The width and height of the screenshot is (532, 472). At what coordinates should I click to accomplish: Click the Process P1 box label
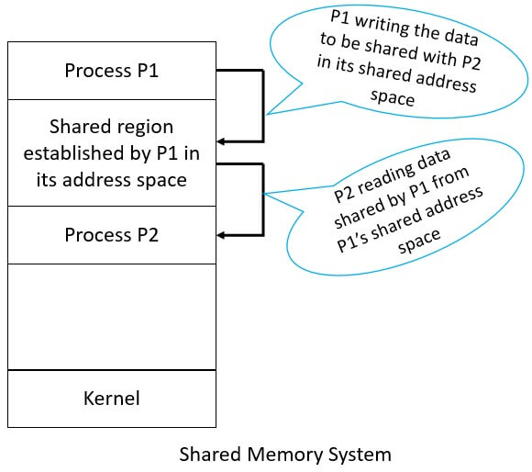111,71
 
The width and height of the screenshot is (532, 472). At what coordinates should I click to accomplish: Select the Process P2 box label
111,235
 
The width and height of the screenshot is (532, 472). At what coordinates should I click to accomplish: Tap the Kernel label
111,399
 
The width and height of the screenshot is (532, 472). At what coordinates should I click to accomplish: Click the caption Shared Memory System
284,455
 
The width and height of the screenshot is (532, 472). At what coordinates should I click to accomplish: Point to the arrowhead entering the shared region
223,141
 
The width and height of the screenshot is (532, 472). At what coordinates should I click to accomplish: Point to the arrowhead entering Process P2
223,234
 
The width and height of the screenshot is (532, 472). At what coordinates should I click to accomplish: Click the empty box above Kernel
111,317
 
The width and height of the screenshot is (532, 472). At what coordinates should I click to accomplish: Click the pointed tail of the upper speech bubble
267,114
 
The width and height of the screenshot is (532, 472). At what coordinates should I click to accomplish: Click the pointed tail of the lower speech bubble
267,194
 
